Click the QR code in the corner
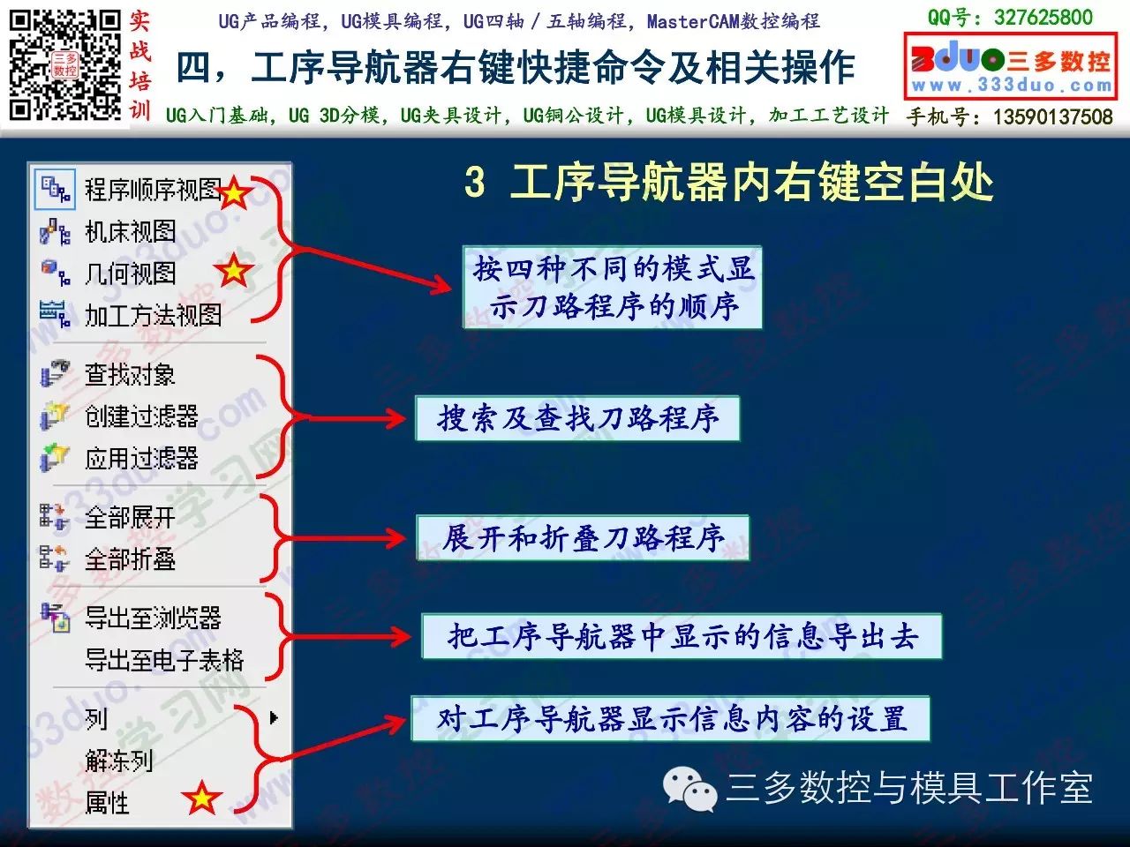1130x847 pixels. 64,64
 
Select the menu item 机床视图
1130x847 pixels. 131,232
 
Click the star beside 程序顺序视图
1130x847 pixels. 234,193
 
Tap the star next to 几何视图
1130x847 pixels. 234,270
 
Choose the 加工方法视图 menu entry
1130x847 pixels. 154,315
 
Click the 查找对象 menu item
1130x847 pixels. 131,374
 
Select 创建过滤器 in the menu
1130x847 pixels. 141,416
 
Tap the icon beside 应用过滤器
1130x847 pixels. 54,458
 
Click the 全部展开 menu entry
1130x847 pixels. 131,517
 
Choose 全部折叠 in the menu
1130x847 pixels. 131,559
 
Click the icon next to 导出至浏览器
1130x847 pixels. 55,618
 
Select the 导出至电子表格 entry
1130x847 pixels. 164,660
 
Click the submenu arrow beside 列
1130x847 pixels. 274,718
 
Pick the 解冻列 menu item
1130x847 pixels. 119,761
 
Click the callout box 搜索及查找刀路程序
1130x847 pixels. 577,418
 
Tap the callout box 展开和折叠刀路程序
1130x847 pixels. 583,538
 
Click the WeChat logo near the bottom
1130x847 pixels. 689,789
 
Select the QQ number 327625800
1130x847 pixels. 1043,18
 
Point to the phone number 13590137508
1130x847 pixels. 1053,116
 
